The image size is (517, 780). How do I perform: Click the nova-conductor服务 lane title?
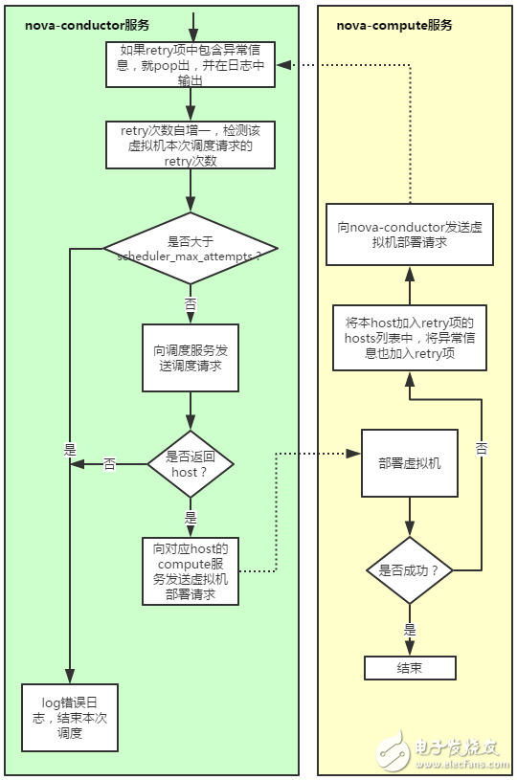pyautogui.click(x=86, y=25)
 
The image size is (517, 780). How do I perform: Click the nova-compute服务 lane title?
pyautogui.click(x=394, y=25)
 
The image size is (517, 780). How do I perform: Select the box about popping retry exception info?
pyautogui.click(x=191, y=65)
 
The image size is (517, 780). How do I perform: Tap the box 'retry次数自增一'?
pyautogui.click(x=191, y=144)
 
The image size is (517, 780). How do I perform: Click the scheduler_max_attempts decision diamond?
pyautogui.click(x=191, y=248)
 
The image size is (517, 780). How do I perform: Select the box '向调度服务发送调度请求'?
pyautogui.click(x=191, y=358)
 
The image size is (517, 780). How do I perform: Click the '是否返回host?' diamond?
pyautogui.click(x=191, y=463)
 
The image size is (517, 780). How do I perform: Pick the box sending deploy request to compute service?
pyautogui.click(x=191, y=570)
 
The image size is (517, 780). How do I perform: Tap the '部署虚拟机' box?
pyautogui.click(x=410, y=463)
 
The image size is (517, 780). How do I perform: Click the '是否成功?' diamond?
pyautogui.click(x=410, y=570)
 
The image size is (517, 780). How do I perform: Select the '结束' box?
pyautogui.click(x=410, y=667)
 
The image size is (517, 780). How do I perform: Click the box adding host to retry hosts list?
pyautogui.click(x=410, y=338)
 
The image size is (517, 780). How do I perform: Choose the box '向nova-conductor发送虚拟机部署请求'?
pyautogui.click(x=410, y=234)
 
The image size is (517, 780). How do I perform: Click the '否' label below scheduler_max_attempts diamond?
pyautogui.click(x=191, y=302)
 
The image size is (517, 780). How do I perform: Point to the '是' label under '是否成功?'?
pyautogui.click(x=410, y=630)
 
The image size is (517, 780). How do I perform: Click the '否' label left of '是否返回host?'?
pyautogui.click(x=109, y=464)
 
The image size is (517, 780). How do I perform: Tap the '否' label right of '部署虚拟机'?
pyautogui.click(x=482, y=447)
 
